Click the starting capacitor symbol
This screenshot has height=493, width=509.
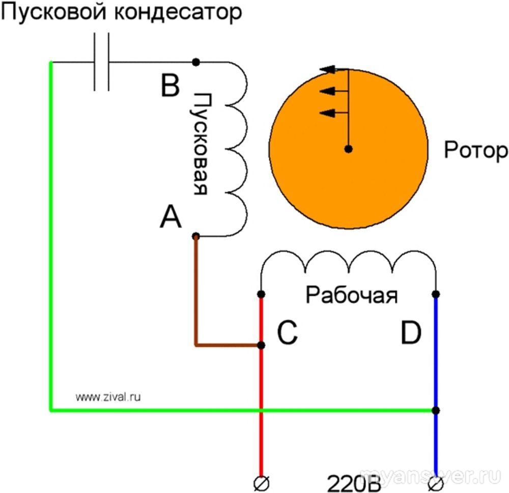(x=101, y=62)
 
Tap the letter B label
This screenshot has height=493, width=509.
(x=170, y=86)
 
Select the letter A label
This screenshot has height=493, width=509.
(x=171, y=217)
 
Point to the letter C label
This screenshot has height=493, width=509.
(x=288, y=334)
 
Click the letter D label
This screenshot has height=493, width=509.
(x=410, y=334)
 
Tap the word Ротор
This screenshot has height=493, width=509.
(x=475, y=150)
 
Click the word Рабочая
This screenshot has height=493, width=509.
(x=351, y=295)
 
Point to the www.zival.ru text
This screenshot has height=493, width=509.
(x=108, y=396)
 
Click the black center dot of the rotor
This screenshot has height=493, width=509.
(x=348, y=149)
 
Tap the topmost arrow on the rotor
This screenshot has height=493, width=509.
(x=331, y=70)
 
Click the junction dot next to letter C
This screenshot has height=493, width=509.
(x=261, y=345)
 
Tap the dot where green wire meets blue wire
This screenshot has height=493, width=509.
(x=436, y=410)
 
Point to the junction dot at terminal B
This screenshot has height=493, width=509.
(x=196, y=62)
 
